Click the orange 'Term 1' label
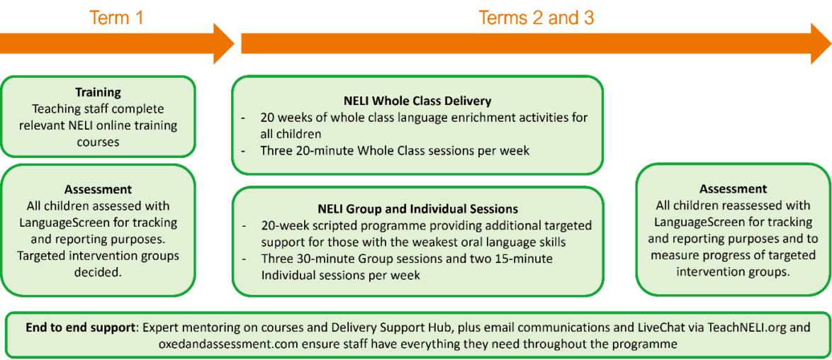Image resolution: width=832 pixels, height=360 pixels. pos(117,17)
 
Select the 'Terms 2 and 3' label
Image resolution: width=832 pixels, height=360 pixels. pos(536,17)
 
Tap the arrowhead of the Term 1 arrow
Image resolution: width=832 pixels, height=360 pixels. pos(223,43)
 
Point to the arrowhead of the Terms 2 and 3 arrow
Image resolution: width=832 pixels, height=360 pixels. pos(821,43)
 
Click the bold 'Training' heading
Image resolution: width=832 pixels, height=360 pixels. pos(99,92)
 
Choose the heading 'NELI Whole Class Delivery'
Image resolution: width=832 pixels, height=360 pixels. pos(417,100)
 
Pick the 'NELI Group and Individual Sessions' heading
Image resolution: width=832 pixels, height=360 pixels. pos(417,208)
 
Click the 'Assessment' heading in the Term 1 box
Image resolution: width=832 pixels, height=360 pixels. pos(99,189)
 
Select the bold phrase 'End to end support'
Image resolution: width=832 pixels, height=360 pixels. pos(77,327)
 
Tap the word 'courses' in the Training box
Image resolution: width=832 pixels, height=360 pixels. pos(99,142)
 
